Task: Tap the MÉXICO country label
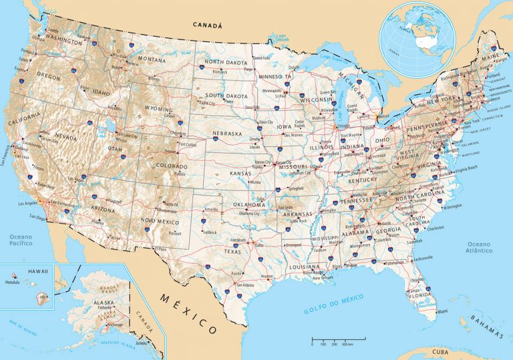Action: coord(189,311)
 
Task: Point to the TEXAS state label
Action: coord(232,252)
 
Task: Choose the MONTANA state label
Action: coord(151,59)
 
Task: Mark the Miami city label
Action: coord(442,311)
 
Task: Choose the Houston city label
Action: coord(267,276)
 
